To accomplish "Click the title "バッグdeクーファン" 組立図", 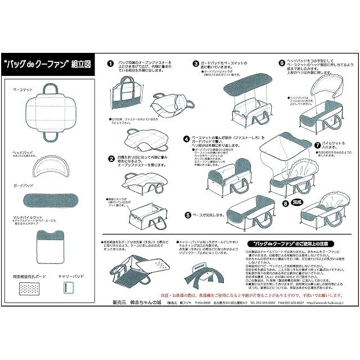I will (54, 64).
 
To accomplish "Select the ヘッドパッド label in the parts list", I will (23, 152).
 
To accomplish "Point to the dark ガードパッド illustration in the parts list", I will (54, 200).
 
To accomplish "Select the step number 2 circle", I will (111, 159).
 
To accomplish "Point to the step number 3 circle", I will (196, 64).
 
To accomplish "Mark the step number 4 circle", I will (186, 138).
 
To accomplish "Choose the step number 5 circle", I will (187, 214).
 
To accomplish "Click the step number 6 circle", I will (281, 63).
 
